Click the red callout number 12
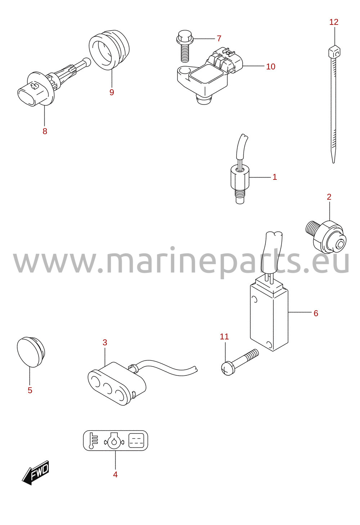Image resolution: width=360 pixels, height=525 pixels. [x=334, y=22]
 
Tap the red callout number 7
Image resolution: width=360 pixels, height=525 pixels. [x=219, y=39]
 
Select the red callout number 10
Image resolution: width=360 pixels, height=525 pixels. [x=270, y=67]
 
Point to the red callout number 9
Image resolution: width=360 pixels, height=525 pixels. [x=112, y=92]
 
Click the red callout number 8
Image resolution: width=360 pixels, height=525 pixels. [x=45, y=131]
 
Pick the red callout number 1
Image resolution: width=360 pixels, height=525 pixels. [x=275, y=177]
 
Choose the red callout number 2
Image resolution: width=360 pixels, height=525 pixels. [x=329, y=197]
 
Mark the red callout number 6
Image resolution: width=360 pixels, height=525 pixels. [x=316, y=313]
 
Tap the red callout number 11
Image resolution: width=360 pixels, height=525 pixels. [x=224, y=337]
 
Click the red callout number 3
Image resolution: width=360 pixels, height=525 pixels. [x=105, y=342]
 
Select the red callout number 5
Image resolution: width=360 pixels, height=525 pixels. [x=30, y=390]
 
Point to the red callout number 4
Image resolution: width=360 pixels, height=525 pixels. [x=115, y=475]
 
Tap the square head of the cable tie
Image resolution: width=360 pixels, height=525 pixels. [x=334, y=52]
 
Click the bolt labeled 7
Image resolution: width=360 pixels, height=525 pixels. [x=185, y=46]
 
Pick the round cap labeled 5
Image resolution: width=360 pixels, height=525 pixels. [x=31, y=352]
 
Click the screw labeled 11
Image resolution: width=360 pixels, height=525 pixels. [x=240, y=362]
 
